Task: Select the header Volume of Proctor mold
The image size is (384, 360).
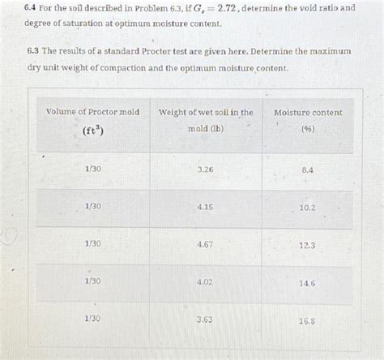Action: (93, 111)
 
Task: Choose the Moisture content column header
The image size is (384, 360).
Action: (307, 111)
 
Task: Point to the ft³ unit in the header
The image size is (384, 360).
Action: (92, 129)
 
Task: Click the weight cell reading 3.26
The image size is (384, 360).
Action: (205, 169)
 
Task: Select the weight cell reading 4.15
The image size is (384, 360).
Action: (205, 207)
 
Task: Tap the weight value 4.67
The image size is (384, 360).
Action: (205, 244)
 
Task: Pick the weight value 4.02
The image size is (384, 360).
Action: (205, 281)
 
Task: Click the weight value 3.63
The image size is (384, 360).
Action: (205, 319)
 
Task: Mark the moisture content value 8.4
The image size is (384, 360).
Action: (308, 170)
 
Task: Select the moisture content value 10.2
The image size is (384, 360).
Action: (308, 208)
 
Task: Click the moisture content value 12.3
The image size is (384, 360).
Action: (308, 245)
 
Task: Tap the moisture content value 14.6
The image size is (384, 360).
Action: (308, 282)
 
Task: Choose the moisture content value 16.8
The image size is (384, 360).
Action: (308, 319)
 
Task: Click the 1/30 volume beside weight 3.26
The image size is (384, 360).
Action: (92, 169)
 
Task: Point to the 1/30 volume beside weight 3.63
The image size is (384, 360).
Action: (92, 318)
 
